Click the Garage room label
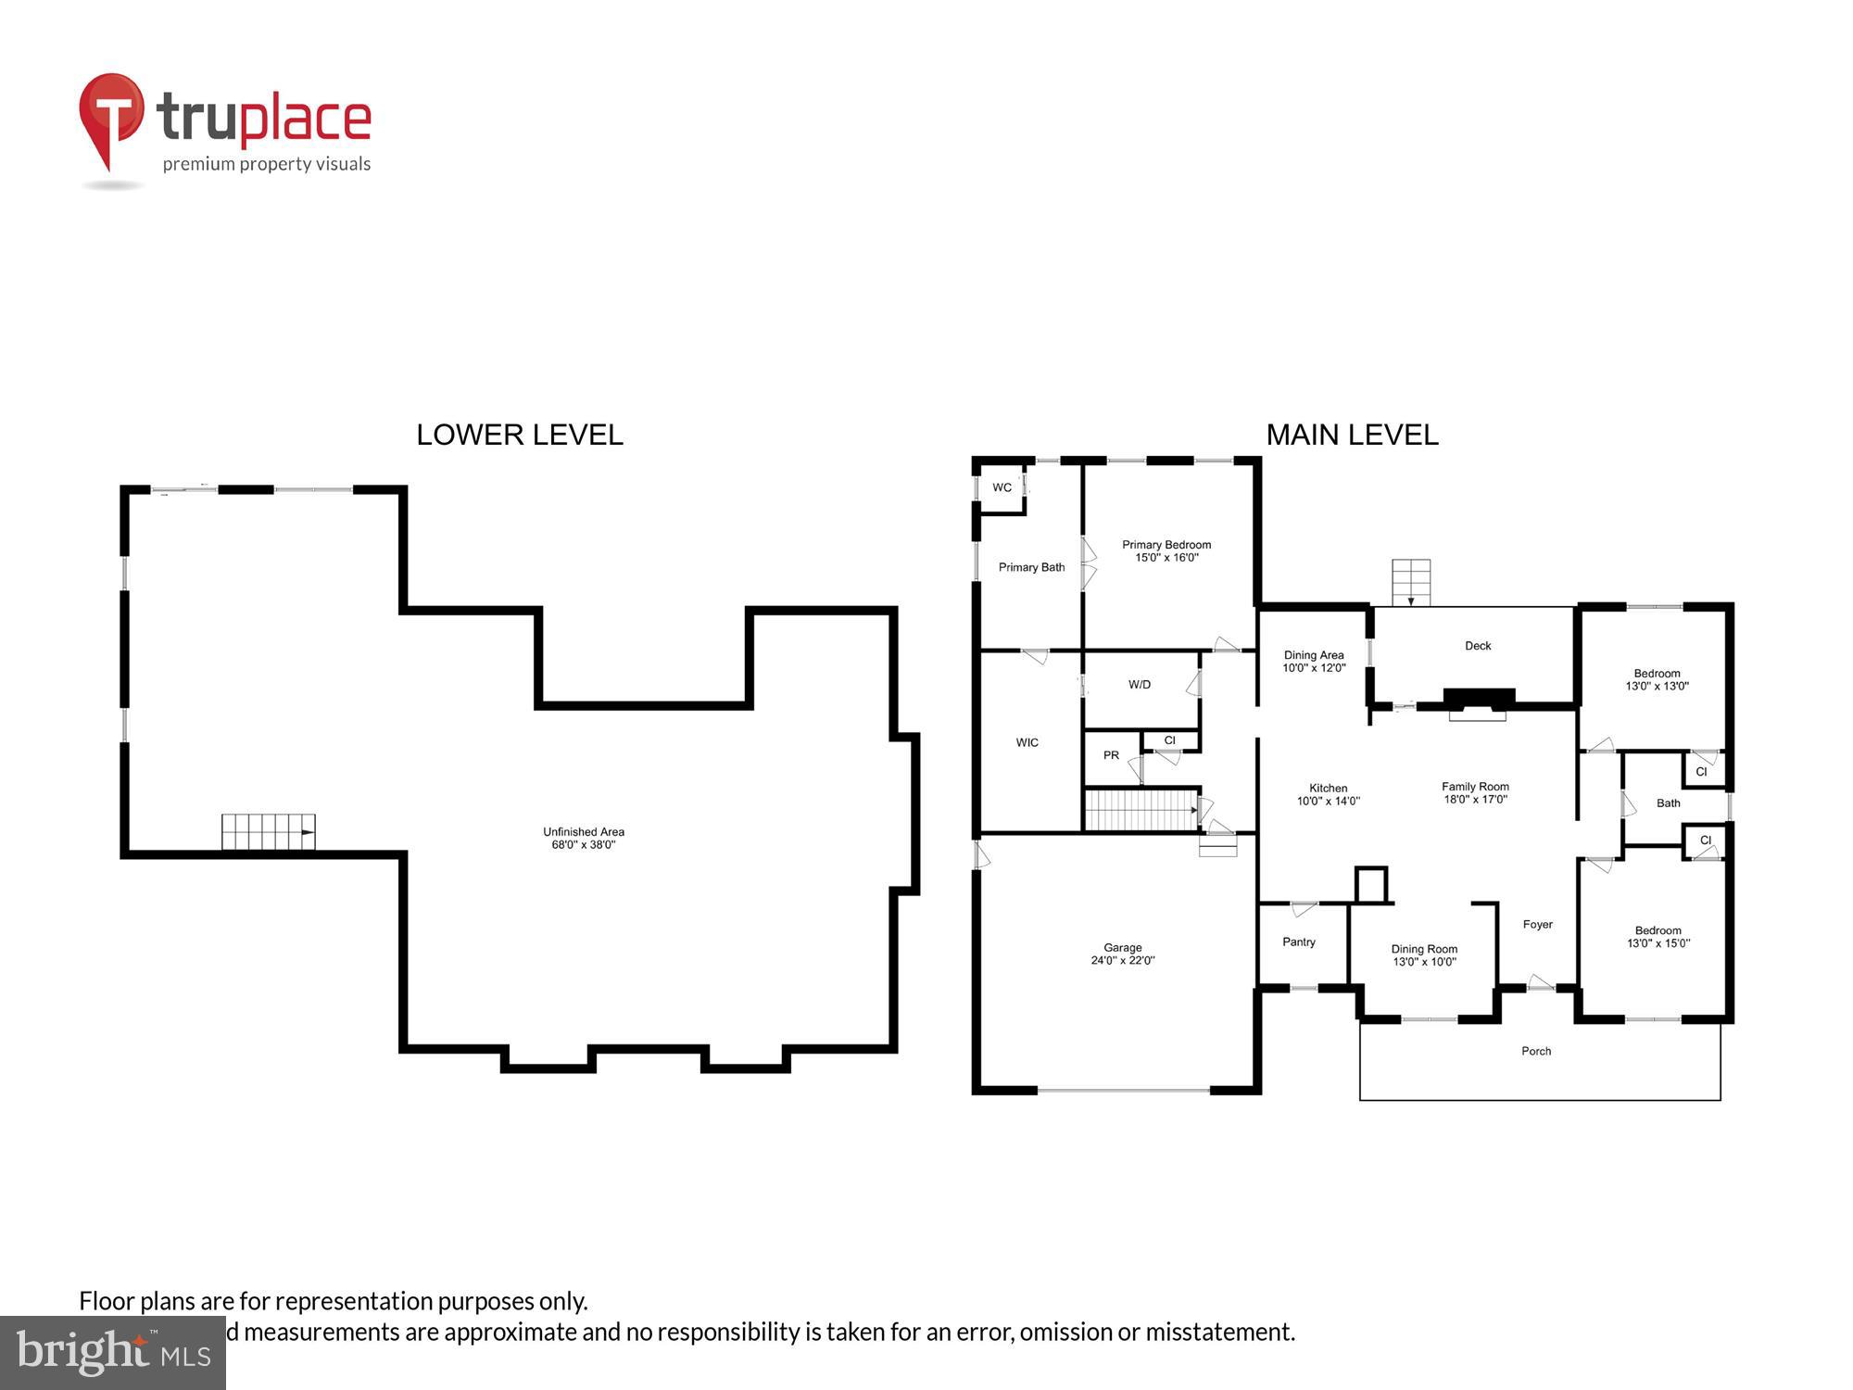[x=1122, y=954]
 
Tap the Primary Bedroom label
[x=1166, y=551]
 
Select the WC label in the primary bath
[x=1002, y=487]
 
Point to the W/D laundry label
[x=1140, y=685]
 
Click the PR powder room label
[x=1111, y=755]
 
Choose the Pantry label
[x=1299, y=941]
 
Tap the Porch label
[x=1536, y=1051]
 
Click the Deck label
[x=1478, y=646]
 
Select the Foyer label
[x=1537, y=924]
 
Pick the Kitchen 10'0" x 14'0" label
[x=1328, y=795]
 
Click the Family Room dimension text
[x=1475, y=800]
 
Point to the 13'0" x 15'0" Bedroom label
[x=1658, y=937]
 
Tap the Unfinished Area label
[x=584, y=838]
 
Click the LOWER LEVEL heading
[x=520, y=435]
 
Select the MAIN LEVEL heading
[x=1352, y=435]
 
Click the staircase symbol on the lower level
[x=268, y=831]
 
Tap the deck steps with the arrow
[x=1411, y=582]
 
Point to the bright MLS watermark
[x=112, y=1353]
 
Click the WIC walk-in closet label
[x=1027, y=742]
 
